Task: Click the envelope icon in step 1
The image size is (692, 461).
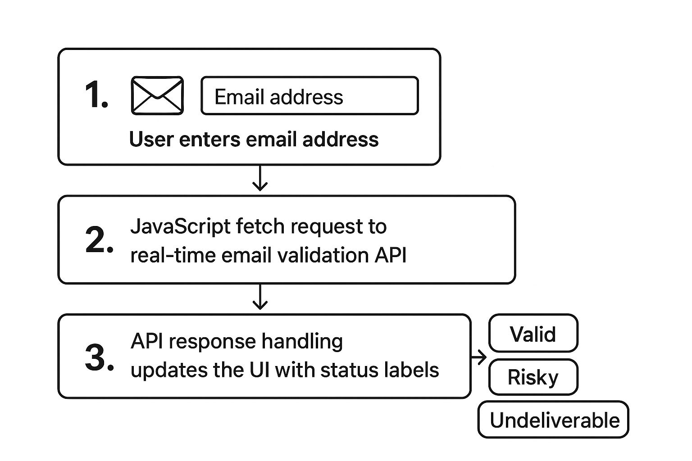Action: click(x=157, y=95)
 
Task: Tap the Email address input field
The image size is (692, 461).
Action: click(x=310, y=96)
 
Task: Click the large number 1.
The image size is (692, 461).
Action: click(x=96, y=95)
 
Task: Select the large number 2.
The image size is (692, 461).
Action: click(x=99, y=240)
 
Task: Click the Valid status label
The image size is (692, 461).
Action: click(x=533, y=334)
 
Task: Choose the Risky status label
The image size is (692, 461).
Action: click(x=533, y=377)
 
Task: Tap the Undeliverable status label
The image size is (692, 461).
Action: click(x=553, y=420)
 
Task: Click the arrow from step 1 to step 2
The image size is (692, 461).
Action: click(x=260, y=178)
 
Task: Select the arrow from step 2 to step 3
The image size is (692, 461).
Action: click(x=260, y=297)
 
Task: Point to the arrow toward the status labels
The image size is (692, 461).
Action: click(x=479, y=358)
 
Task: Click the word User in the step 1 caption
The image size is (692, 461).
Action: click(x=151, y=139)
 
